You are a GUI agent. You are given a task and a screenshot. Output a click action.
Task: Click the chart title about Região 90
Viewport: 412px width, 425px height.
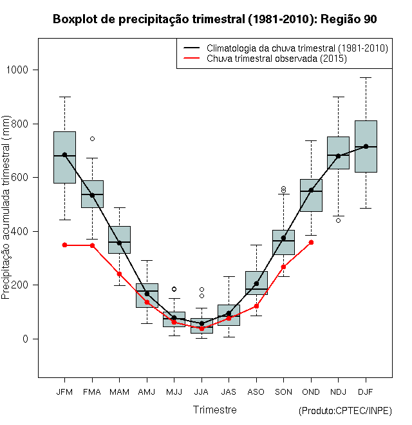pyautogui.click(x=215, y=19)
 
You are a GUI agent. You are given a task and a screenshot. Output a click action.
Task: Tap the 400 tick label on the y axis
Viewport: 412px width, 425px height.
pyautogui.click(x=26, y=231)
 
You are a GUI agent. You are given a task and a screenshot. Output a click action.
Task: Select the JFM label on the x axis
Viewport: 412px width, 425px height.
pyautogui.click(x=64, y=392)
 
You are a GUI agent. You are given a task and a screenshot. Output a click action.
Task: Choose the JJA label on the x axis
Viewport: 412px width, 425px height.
pyautogui.click(x=201, y=392)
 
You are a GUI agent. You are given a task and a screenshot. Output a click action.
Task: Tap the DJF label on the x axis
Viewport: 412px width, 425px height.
pyautogui.click(x=366, y=392)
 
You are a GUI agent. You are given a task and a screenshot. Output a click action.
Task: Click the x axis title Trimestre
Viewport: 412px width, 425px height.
pyautogui.click(x=215, y=410)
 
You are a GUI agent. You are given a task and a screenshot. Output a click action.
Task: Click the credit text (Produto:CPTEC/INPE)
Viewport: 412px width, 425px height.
pyautogui.click(x=345, y=411)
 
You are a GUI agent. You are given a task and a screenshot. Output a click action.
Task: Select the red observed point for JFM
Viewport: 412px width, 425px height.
pyautogui.click(x=64, y=245)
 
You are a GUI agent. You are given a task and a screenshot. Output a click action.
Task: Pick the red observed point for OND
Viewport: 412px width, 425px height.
pyautogui.click(x=311, y=242)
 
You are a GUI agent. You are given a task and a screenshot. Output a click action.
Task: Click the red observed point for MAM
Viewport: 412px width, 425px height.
pyautogui.click(x=119, y=274)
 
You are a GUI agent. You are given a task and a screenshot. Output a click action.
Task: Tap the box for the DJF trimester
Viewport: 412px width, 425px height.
pyautogui.click(x=366, y=146)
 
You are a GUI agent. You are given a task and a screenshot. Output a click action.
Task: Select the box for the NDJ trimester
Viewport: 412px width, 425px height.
pyautogui.click(x=338, y=153)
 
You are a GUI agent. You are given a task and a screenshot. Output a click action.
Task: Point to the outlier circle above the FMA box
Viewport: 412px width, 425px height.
pyautogui.click(x=92, y=138)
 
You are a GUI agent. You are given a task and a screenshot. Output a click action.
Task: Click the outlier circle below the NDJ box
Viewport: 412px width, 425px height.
pyautogui.click(x=338, y=220)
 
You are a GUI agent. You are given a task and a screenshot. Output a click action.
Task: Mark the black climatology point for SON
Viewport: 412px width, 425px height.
pyautogui.click(x=283, y=238)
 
